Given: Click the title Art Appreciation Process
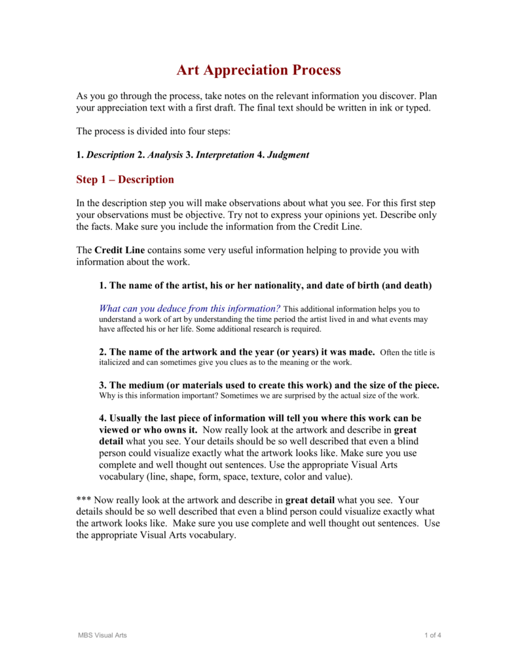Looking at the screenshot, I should coord(259,70).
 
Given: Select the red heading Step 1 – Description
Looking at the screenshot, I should coord(125,179).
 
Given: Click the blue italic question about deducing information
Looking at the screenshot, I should coord(190,308).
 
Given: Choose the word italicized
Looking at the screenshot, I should coord(120,362).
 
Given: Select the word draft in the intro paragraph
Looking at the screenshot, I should coord(244,108).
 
